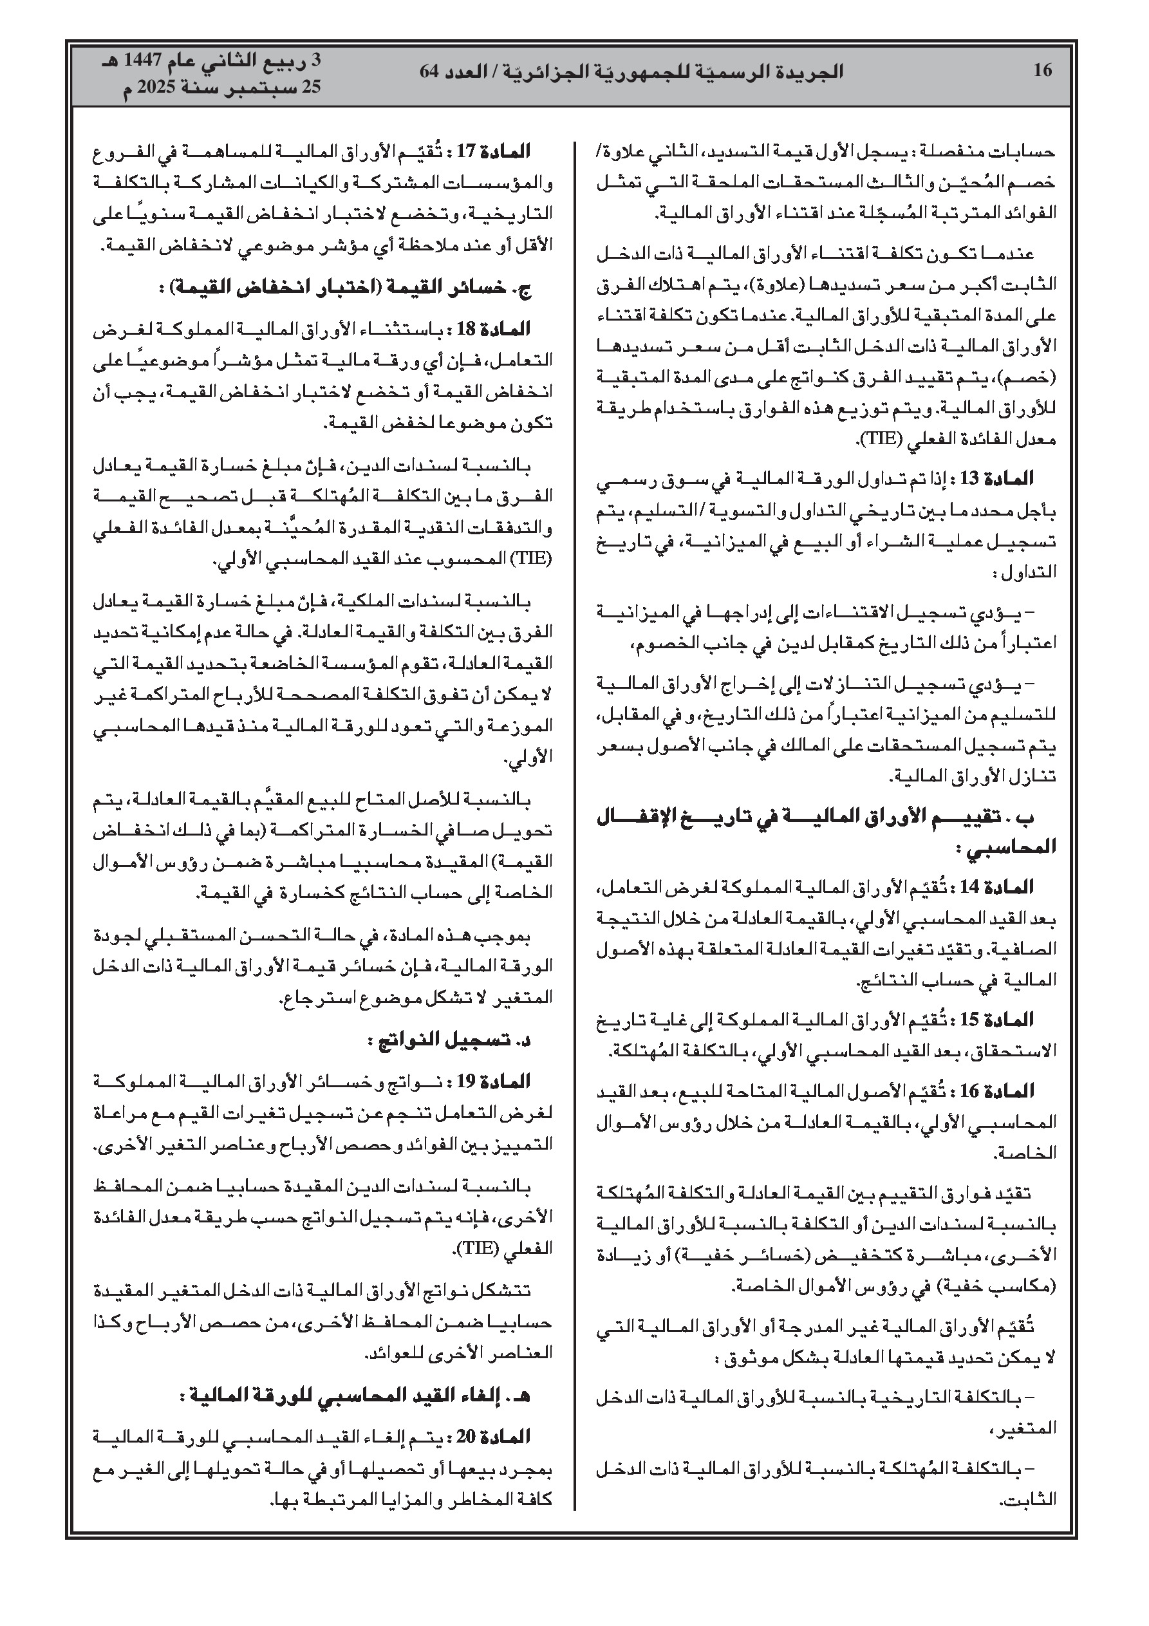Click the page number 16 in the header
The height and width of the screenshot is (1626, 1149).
(1042, 70)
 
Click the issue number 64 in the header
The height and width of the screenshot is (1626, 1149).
(429, 71)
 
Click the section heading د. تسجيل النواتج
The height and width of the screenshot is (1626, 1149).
(451, 1040)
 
